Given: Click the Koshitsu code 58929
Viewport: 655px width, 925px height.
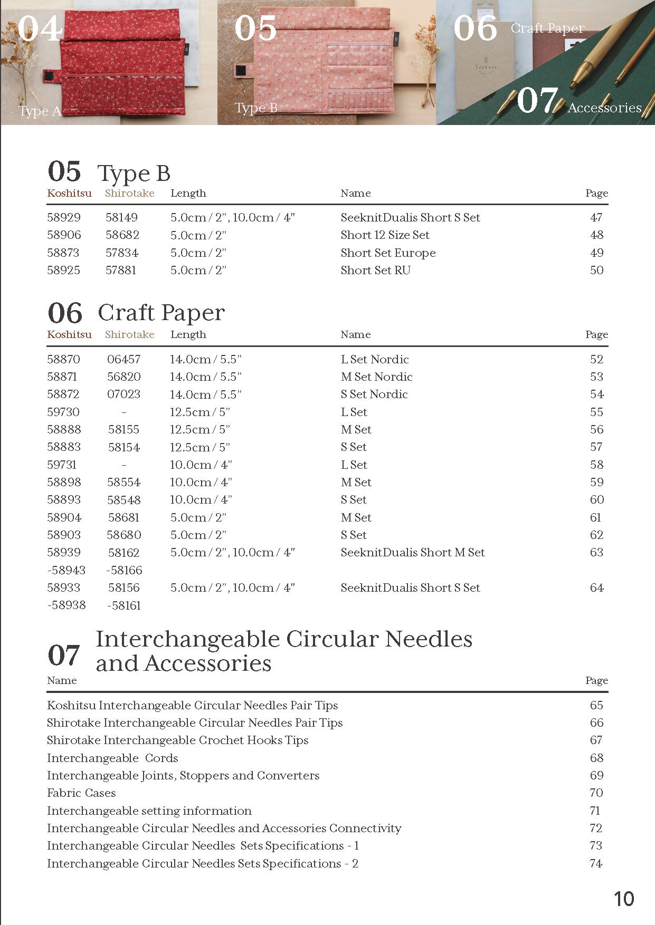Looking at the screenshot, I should click(x=64, y=217).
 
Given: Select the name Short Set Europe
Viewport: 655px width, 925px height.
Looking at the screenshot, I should click(x=388, y=253).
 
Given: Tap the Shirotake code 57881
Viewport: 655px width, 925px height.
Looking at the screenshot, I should click(x=121, y=270).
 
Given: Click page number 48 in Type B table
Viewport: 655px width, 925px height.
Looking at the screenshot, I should click(x=596, y=235).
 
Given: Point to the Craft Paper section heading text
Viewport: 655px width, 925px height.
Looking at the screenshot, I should click(x=161, y=313).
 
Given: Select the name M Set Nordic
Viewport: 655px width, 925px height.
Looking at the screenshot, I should click(x=376, y=377).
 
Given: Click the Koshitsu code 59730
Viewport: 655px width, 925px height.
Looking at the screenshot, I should click(x=63, y=412).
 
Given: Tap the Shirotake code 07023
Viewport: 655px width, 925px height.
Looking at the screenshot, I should click(x=124, y=394).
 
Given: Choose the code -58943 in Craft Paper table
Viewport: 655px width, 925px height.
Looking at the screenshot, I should click(x=67, y=570).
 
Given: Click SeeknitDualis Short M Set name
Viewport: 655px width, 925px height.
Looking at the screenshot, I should click(x=412, y=552).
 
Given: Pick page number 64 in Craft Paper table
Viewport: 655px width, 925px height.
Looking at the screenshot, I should click(x=596, y=587).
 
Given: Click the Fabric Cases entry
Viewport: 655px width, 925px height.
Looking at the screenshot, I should click(x=81, y=793).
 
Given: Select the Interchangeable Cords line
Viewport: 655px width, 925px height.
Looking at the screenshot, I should click(x=112, y=758).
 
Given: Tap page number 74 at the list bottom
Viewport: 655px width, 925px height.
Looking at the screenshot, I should click(x=596, y=863).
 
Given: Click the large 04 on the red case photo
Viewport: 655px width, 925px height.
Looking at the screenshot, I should click(x=40, y=28).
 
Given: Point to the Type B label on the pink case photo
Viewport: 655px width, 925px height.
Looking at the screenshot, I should click(x=256, y=108).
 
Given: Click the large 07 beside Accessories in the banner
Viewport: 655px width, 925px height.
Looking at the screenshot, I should click(x=537, y=100).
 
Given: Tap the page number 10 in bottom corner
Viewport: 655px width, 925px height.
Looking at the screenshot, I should click(x=623, y=899).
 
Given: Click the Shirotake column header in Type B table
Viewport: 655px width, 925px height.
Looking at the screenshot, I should click(x=129, y=193).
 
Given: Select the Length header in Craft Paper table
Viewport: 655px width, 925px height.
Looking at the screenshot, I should click(x=188, y=334).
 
